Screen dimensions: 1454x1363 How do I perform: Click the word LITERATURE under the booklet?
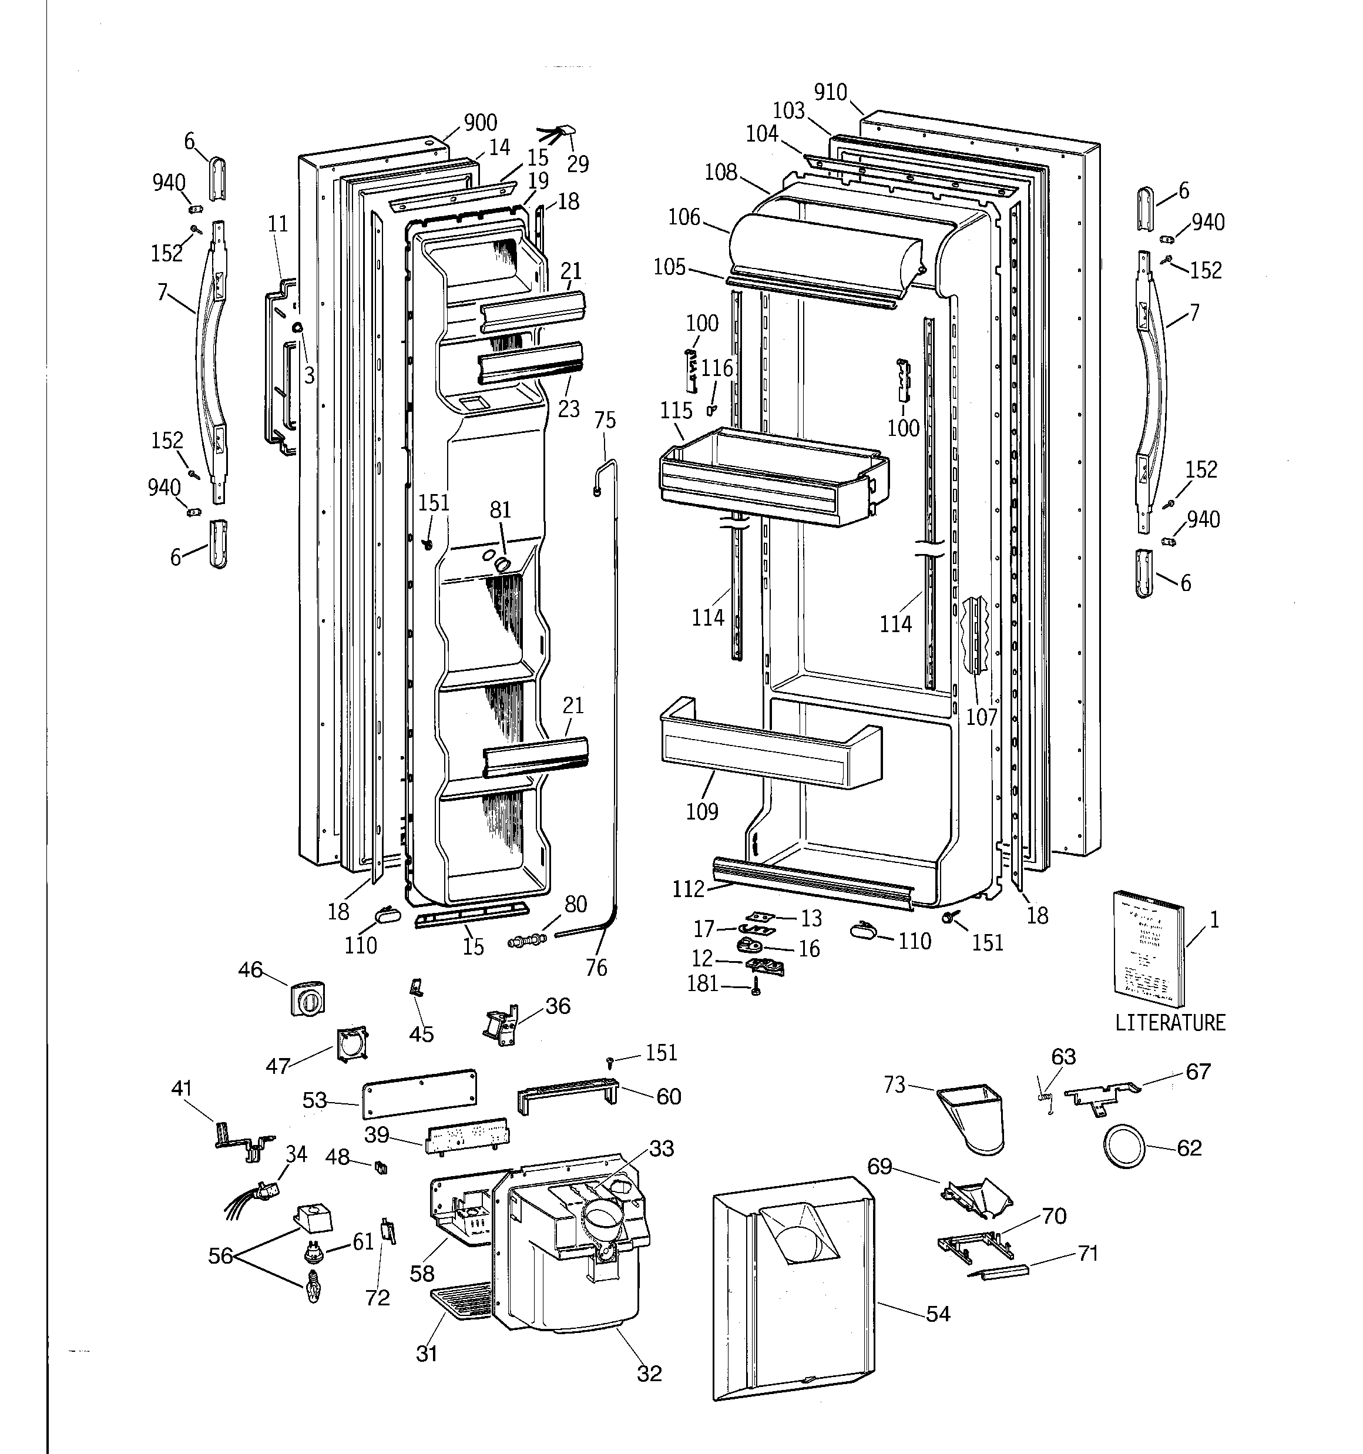1169,1022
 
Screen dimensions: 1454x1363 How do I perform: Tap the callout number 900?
480,122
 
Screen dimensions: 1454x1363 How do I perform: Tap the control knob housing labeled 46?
307,998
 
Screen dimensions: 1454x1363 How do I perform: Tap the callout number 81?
501,510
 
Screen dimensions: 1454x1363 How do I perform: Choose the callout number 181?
702,983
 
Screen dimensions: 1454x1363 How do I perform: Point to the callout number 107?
981,717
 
